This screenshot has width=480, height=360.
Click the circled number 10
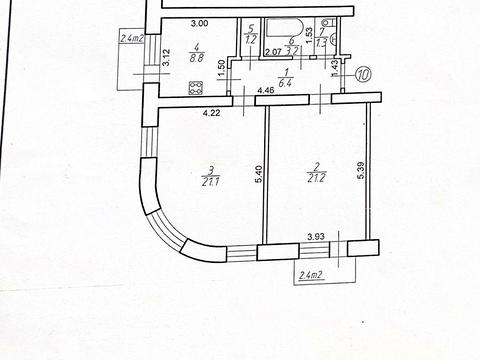pyautogui.click(x=363, y=73)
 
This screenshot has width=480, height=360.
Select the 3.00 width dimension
pyautogui.click(x=200, y=23)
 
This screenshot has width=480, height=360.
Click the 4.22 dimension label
pyautogui.click(x=211, y=113)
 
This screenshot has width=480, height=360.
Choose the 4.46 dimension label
pyautogui.click(x=265, y=92)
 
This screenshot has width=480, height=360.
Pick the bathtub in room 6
pyautogui.click(x=296, y=29)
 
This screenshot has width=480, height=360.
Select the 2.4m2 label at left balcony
pyautogui.click(x=133, y=39)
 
